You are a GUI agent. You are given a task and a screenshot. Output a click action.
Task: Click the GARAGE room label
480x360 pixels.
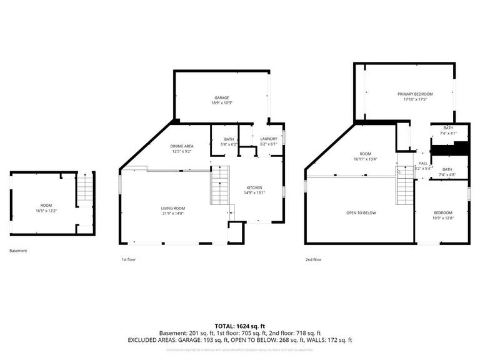[x=221, y=97]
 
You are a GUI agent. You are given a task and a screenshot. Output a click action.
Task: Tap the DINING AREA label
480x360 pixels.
[x=181, y=146]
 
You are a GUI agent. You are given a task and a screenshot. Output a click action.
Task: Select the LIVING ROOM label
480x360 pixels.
[x=174, y=208]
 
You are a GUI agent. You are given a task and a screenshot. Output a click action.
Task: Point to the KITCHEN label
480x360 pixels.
[x=254, y=187]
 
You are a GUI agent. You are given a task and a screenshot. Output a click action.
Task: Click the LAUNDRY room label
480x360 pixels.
[x=268, y=139]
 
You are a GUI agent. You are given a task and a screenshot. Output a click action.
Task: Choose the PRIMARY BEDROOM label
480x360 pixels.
[x=415, y=94]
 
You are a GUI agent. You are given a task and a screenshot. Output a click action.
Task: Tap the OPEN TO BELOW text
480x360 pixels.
[x=361, y=212]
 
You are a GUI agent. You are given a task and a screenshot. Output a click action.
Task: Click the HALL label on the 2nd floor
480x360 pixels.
[x=422, y=163]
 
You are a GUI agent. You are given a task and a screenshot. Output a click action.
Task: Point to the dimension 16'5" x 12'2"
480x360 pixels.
[x=46, y=211]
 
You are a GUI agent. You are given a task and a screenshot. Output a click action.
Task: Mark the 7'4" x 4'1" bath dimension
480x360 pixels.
[x=448, y=133]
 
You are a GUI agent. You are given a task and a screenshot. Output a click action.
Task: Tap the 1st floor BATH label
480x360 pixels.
[x=229, y=139]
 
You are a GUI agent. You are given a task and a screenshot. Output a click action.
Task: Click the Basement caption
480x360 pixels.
[x=18, y=251]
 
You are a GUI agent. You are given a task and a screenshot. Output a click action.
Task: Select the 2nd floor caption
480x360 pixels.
[x=313, y=259]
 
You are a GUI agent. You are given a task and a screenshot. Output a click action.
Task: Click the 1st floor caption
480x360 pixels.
[x=128, y=259]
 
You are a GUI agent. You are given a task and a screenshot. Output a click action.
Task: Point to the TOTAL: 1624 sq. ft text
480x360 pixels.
[x=240, y=326]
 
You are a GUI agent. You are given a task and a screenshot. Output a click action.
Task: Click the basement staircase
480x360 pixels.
[x=84, y=190]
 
